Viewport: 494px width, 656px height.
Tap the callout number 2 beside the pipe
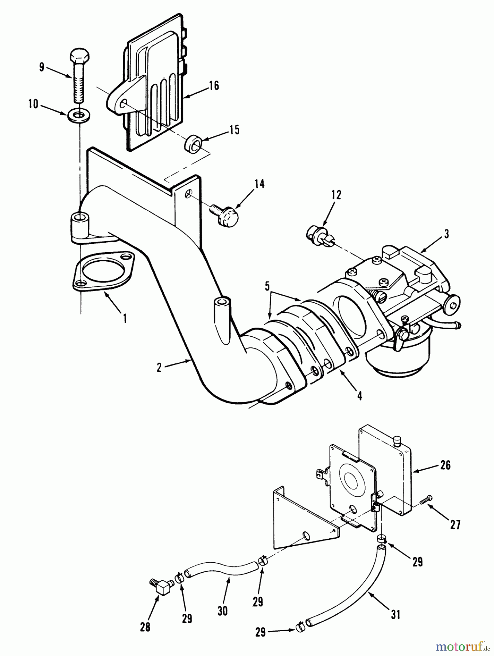159,367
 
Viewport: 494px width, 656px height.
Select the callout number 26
445,465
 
